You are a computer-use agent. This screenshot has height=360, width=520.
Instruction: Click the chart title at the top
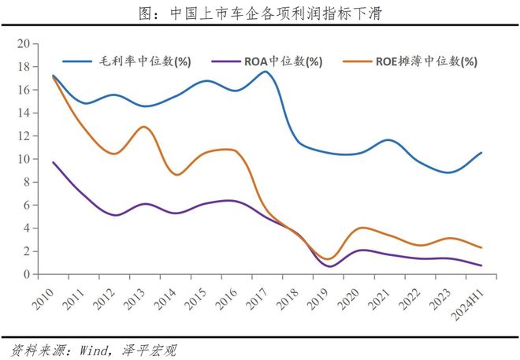[x=260, y=13]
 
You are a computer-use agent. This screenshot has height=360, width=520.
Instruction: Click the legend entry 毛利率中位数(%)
[x=127, y=61]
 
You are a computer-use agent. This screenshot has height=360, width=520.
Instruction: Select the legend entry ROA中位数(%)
[x=266, y=61]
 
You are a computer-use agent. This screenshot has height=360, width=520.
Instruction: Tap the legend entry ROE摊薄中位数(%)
[x=410, y=61]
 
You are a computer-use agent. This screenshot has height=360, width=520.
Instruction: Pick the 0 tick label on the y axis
[x=27, y=274]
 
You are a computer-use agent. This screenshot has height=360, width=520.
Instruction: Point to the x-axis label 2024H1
[x=468, y=303]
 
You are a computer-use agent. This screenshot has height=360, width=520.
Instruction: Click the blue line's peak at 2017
[x=266, y=72]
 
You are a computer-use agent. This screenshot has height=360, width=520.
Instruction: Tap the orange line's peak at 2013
[x=144, y=127]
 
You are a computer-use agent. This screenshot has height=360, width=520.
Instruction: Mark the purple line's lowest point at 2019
[x=330, y=266]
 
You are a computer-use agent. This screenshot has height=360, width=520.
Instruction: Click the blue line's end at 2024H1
[x=481, y=153]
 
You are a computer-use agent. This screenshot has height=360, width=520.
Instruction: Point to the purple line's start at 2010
[x=54, y=162]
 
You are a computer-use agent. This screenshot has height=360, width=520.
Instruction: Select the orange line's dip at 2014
[x=176, y=175]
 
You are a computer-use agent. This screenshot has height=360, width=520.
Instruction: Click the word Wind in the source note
[x=95, y=351]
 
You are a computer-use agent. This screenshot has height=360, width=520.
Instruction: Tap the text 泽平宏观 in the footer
[x=149, y=351]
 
